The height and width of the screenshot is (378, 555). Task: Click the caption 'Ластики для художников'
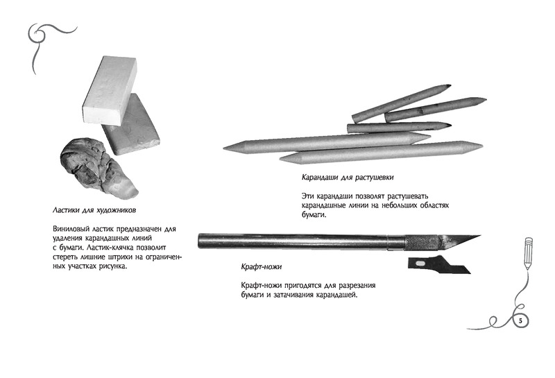(94, 210)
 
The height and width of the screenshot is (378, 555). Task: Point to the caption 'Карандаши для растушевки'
(348, 177)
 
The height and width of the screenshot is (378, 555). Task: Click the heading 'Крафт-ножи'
(262, 266)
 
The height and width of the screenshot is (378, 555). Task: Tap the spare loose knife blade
(439, 266)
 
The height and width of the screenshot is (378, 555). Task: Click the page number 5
(520, 321)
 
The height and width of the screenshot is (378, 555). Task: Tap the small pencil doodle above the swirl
(528, 252)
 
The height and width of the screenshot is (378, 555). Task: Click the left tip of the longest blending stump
(223, 148)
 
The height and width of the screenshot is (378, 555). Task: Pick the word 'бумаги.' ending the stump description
(314, 215)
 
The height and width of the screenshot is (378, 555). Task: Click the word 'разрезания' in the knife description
(357, 286)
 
